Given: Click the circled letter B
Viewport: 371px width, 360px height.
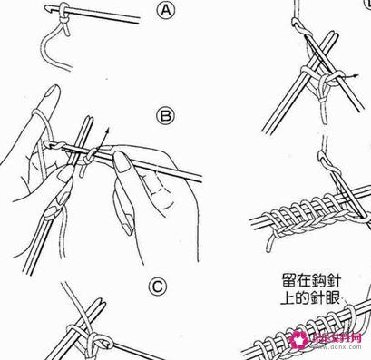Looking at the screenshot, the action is pos(165,115).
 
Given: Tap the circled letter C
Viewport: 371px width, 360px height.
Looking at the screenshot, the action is pos(157,287).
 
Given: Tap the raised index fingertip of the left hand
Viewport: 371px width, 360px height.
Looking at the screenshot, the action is pos(51,88).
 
